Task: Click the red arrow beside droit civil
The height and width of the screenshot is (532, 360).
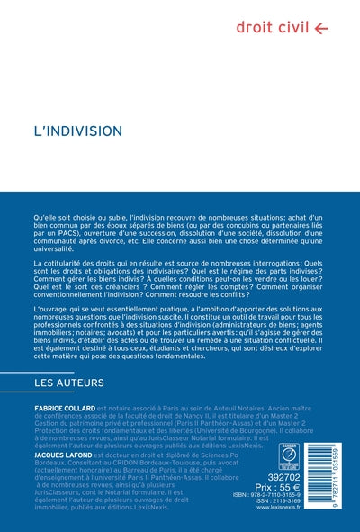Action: (x=321, y=28)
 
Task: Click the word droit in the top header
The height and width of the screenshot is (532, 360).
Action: (x=255, y=27)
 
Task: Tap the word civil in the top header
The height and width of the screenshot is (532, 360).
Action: (x=293, y=27)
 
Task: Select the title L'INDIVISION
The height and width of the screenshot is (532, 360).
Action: (x=71, y=131)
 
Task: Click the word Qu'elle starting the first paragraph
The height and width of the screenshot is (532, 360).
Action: (x=45, y=219)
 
